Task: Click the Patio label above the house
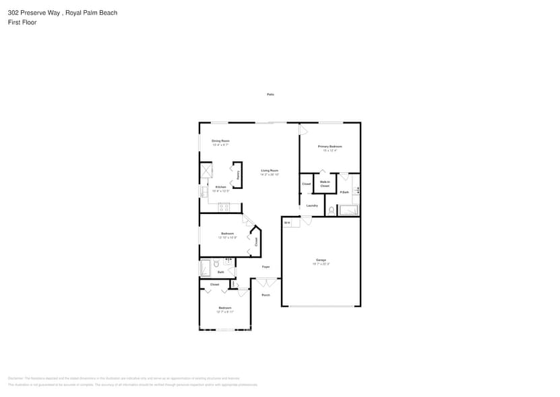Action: pyautogui.click(x=270, y=95)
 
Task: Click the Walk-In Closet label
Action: pyautogui.click(x=324, y=184)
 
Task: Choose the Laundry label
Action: pyautogui.click(x=312, y=205)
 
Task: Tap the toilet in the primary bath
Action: pyautogui.click(x=332, y=210)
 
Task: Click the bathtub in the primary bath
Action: pyautogui.click(x=349, y=210)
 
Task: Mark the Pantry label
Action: pyautogui.click(x=238, y=175)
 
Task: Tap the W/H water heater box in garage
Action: pyautogui.click(x=287, y=223)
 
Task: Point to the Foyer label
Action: pyautogui.click(x=266, y=267)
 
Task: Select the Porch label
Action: pyautogui.click(x=266, y=295)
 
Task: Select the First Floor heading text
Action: pyautogui.click(x=22, y=22)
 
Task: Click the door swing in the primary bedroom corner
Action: pyautogui.click(x=303, y=129)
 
